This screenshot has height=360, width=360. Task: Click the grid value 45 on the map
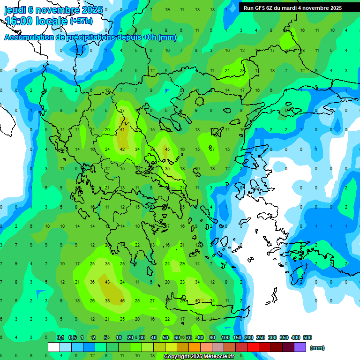(167, 150)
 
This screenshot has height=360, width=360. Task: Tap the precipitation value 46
(122, 300)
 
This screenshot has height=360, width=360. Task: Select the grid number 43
(107, 282)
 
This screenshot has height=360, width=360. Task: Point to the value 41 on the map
(122, 129)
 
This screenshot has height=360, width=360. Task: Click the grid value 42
(122, 150)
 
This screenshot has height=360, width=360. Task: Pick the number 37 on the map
(122, 111)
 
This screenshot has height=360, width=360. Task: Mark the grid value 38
(107, 300)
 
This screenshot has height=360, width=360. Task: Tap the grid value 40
(197, 300)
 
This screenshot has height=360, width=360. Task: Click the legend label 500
(307, 337)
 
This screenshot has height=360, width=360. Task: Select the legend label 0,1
(60, 337)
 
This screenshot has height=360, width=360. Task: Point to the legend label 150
(237, 337)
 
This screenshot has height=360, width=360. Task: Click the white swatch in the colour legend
(53, 347)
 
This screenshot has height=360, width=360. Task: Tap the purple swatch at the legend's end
(300, 347)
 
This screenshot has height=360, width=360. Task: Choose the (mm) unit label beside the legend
(317, 348)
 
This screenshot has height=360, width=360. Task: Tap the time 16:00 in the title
(19, 21)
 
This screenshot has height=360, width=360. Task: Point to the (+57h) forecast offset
(81, 21)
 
